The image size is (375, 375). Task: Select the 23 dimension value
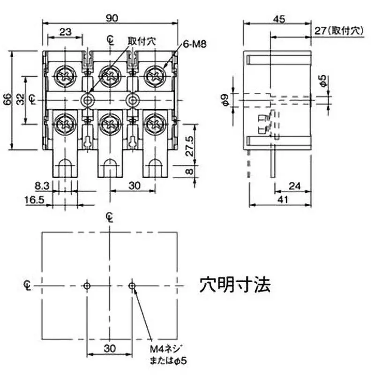66,32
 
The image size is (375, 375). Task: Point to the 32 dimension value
20,99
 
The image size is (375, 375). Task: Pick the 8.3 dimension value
43,186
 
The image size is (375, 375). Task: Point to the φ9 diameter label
226,99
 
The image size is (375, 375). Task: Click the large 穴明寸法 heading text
235,285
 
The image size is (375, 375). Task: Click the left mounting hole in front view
87,99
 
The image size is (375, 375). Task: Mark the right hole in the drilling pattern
132,285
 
